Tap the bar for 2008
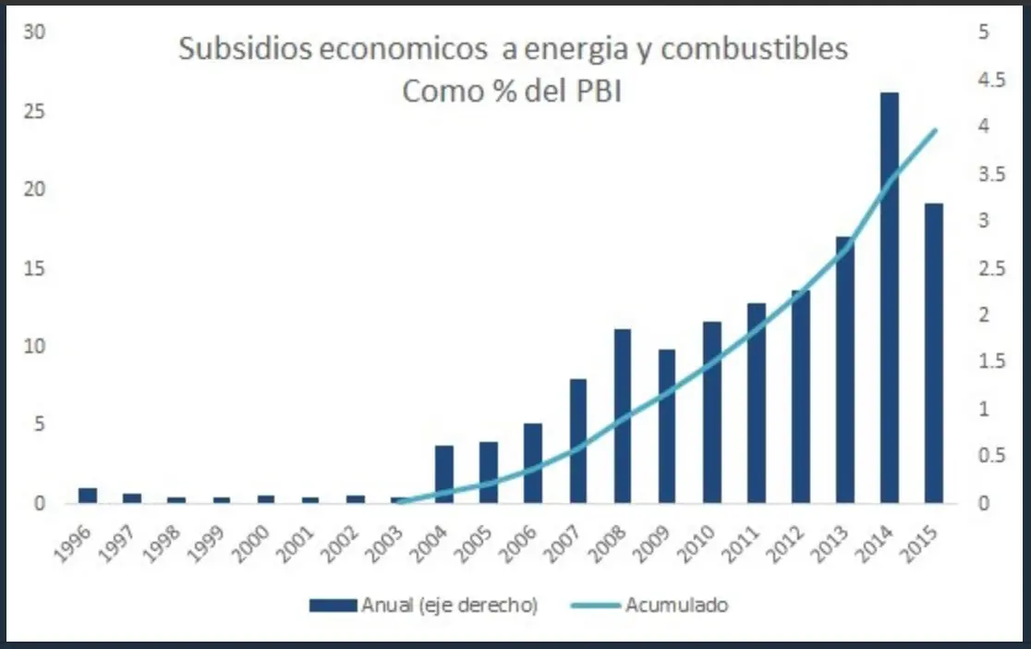click(623, 416)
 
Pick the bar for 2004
click(444, 474)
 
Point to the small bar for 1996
click(88, 496)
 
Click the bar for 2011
click(756, 403)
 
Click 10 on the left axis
click(34, 347)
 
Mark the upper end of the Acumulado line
click(936, 130)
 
